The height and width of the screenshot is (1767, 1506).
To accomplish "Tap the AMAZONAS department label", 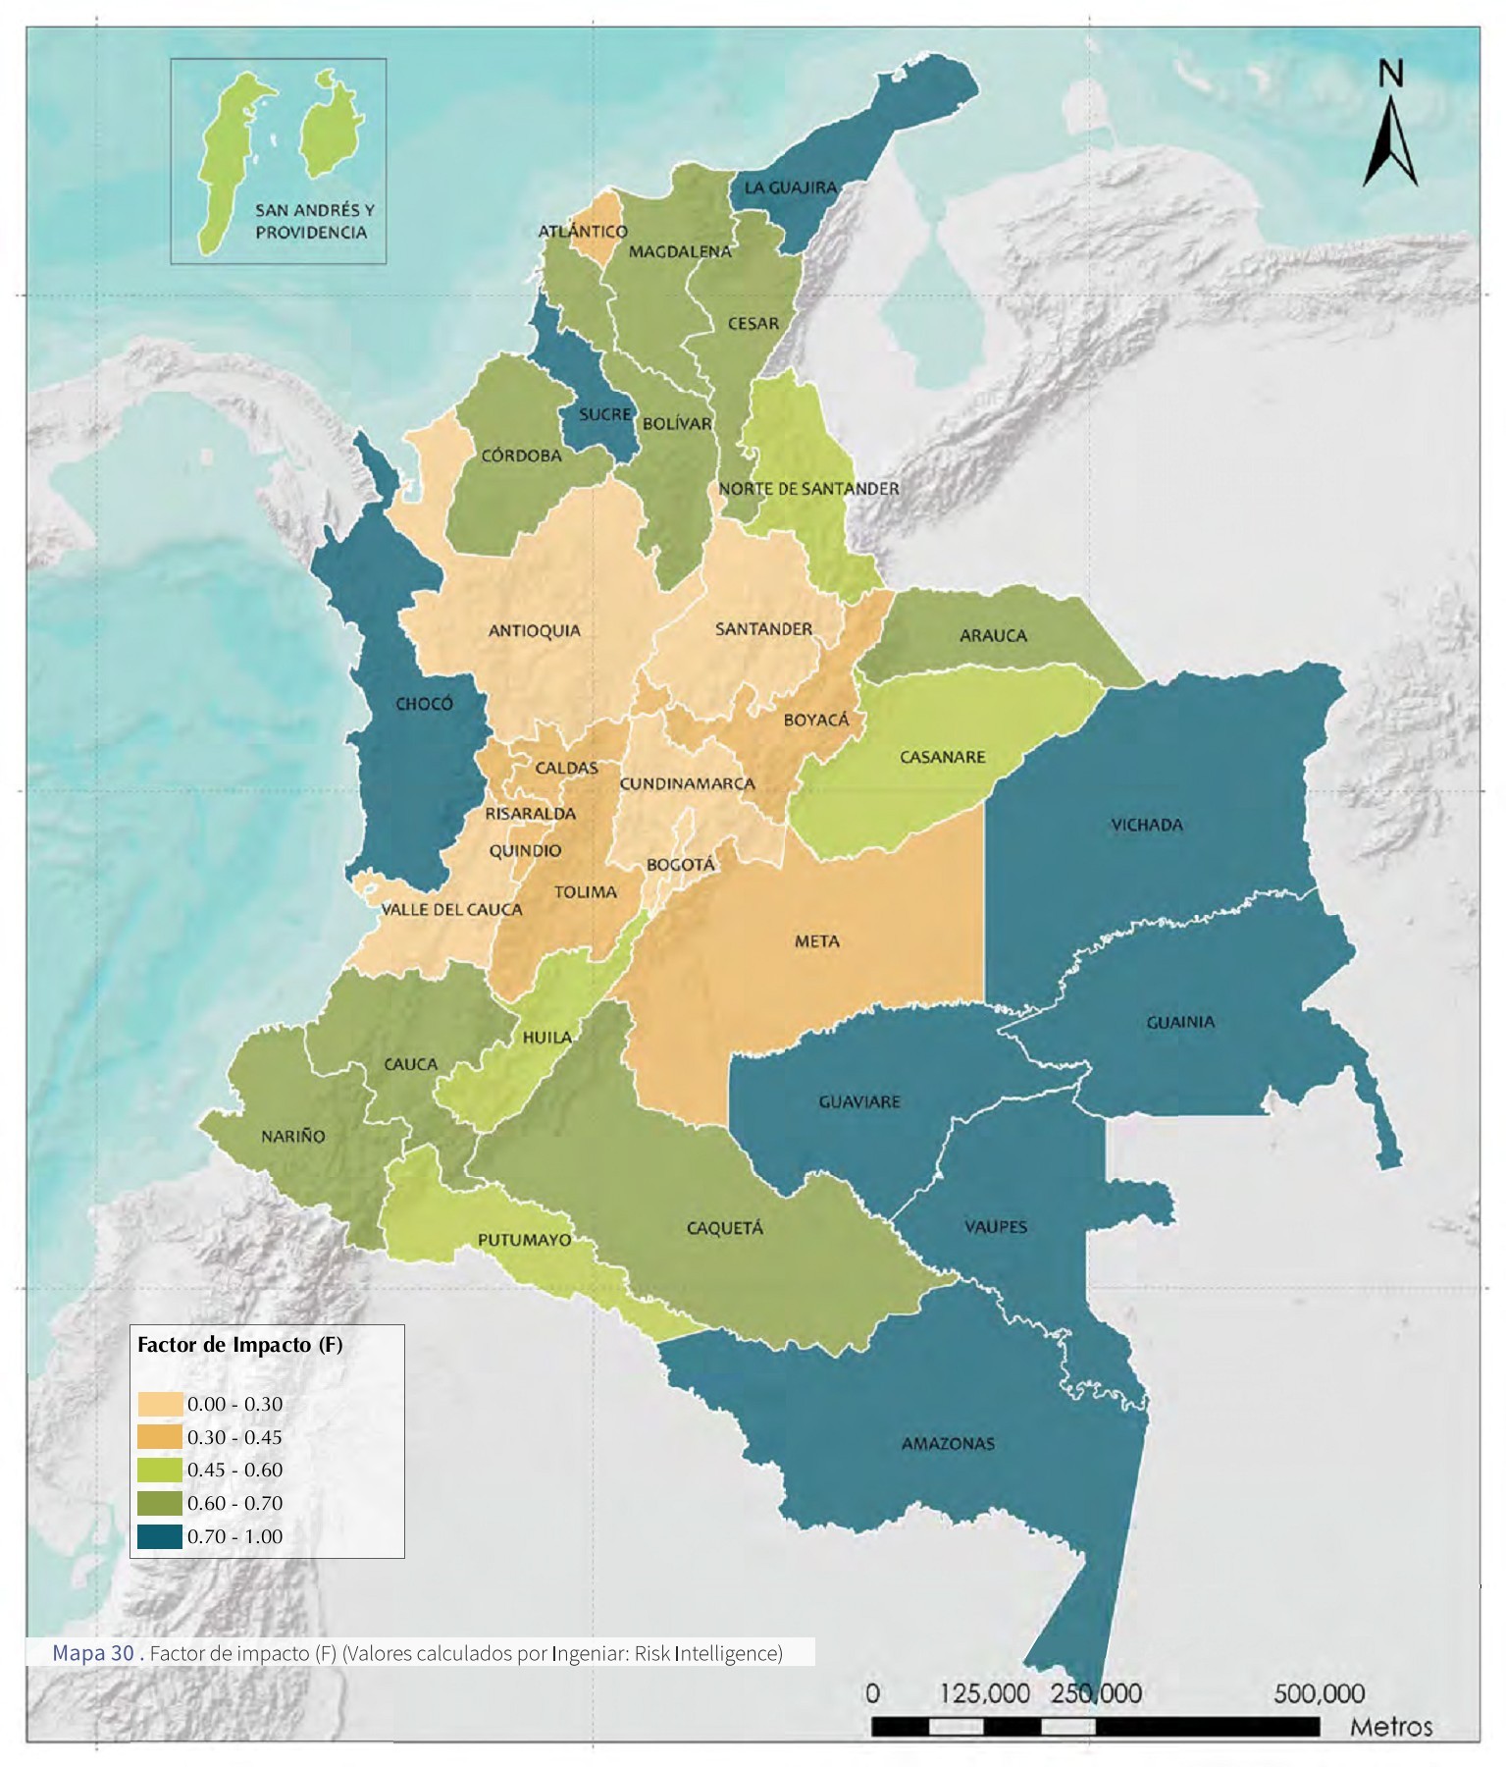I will click(x=948, y=1444).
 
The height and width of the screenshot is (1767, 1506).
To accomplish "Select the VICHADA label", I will click(x=1146, y=825).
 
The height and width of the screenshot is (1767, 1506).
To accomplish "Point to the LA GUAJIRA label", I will click(x=790, y=187).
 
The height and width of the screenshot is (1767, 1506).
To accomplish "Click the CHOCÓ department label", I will click(x=424, y=704).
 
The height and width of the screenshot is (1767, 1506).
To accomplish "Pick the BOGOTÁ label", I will click(x=680, y=865).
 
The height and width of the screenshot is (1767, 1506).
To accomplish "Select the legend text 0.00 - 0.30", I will click(x=234, y=1404).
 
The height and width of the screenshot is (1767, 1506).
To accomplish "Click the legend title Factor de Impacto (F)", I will click(x=240, y=1345).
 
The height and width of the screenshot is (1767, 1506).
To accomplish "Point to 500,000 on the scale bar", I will click(x=1319, y=1693).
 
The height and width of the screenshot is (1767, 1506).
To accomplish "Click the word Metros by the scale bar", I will click(x=1391, y=1727).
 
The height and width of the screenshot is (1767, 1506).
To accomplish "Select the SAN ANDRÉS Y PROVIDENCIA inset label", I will click(x=314, y=221).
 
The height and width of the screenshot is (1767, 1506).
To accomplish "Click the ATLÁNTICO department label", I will click(x=583, y=232).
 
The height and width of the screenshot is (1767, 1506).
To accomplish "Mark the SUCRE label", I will click(x=604, y=414).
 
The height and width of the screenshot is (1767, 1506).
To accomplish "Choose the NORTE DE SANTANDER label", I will click(x=808, y=489).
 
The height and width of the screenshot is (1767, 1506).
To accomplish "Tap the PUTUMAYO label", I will click(x=524, y=1240).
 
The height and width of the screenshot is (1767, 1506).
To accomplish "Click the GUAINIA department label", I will click(x=1180, y=1022).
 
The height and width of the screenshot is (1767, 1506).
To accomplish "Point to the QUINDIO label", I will click(x=525, y=850).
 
